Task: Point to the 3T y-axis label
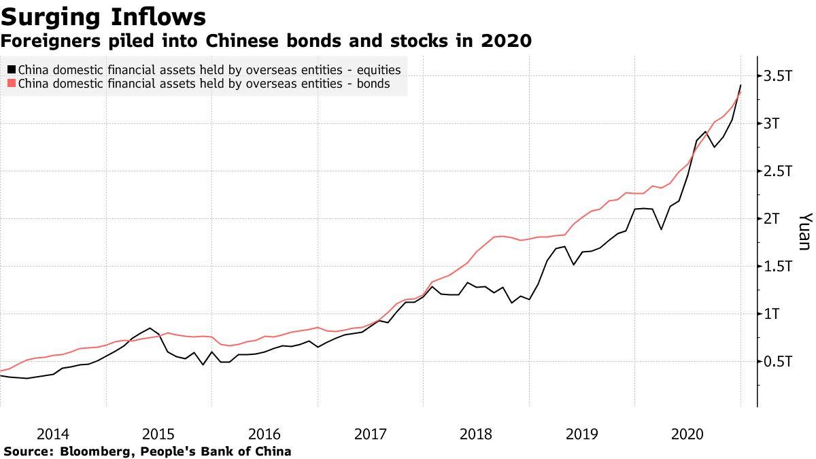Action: (x=776, y=124)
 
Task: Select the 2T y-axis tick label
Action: (x=776, y=219)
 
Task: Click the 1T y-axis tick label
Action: (x=776, y=314)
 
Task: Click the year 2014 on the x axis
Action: (x=53, y=434)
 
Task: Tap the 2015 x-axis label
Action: (x=158, y=434)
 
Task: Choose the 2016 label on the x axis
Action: (x=265, y=434)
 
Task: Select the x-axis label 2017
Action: (x=371, y=434)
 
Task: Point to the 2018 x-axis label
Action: (x=476, y=434)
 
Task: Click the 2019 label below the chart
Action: (x=582, y=434)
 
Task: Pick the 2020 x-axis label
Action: (x=687, y=434)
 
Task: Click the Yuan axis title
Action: (x=804, y=231)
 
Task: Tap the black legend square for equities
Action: (x=12, y=70)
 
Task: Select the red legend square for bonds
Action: (x=12, y=84)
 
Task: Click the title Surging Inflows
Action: (x=103, y=16)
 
